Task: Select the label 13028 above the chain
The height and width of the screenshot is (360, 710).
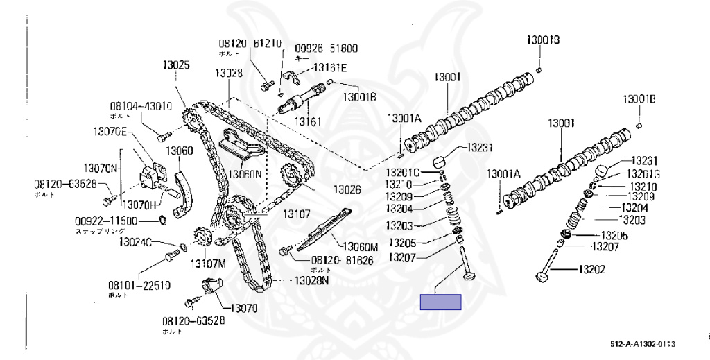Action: tap(228, 72)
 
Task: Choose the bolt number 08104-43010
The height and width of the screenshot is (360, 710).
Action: tap(140, 106)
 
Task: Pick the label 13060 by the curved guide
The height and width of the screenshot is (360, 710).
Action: tap(180, 150)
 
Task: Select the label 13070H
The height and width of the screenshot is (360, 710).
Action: tap(142, 205)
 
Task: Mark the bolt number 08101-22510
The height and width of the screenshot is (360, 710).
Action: tap(139, 285)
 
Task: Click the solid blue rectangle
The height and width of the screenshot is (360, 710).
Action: tap(440, 301)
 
